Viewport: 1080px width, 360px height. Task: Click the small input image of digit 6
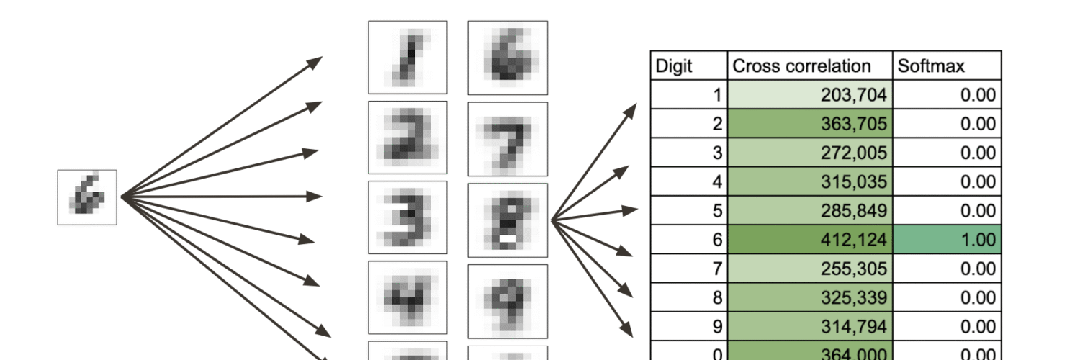(x=87, y=197)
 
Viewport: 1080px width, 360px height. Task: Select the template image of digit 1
(x=408, y=57)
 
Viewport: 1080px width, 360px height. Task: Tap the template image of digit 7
(x=508, y=138)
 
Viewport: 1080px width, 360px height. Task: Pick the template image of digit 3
(x=408, y=217)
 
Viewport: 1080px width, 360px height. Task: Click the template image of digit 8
(x=508, y=220)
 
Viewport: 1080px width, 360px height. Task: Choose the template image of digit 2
(x=408, y=137)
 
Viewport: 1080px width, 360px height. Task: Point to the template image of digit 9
(x=508, y=300)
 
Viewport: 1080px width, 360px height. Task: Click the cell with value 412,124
(x=809, y=239)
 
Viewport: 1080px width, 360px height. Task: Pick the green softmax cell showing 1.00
(x=946, y=239)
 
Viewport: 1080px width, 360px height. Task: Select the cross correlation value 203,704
(x=809, y=95)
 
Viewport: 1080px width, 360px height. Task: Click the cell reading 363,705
(x=809, y=124)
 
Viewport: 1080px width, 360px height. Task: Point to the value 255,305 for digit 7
(x=809, y=268)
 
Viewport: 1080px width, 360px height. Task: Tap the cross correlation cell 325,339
(x=809, y=297)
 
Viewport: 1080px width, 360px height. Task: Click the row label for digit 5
(x=688, y=210)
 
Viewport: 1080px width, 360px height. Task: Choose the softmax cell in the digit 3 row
(x=946, y=153)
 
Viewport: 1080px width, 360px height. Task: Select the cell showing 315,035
(x=809, y=181)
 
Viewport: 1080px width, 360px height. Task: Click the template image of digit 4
(x=408, y=297)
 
